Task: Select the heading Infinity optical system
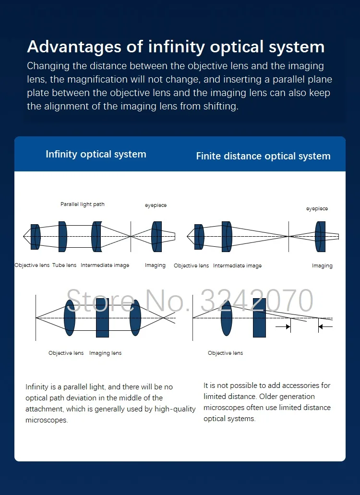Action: point(96,154)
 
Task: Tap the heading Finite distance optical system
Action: point(263,156)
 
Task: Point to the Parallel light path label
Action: point(83,204)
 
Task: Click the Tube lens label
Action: point(64,265)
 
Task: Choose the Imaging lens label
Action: point(106,353)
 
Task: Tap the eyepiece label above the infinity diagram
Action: point(156,205)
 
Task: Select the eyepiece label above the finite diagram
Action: point(317,208)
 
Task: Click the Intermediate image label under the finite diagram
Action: point(238,266)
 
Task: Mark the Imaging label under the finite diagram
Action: point(322,266)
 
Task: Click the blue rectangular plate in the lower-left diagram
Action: point(102,318)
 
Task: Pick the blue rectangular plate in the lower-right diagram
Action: point(259,318)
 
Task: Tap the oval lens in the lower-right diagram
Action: point(227,318)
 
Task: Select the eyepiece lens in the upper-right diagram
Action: point(320,236)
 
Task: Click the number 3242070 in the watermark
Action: point(257,301)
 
